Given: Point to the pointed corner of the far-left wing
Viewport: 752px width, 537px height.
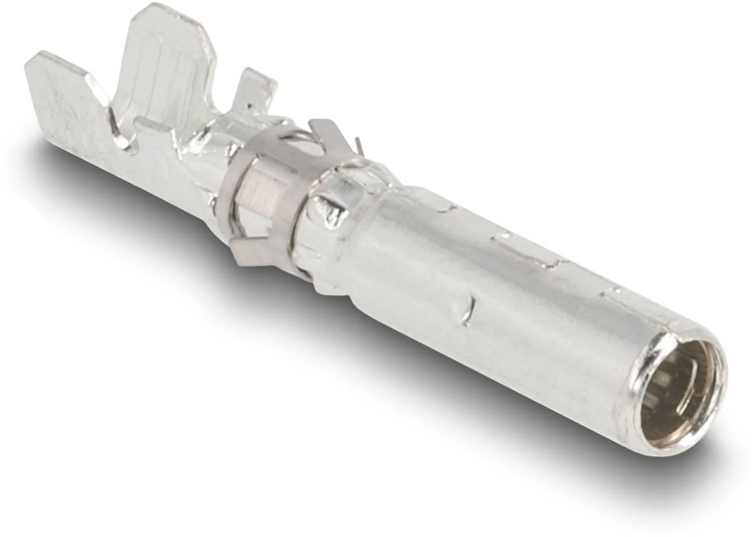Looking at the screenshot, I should [x=31, y=60].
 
